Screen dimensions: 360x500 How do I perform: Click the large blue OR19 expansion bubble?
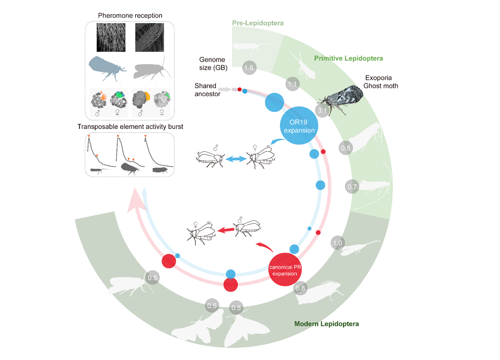(298, 125)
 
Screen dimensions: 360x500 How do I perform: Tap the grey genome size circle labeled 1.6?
(248, 68)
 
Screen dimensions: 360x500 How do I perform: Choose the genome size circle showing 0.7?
(352, 187)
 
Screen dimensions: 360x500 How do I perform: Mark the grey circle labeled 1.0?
(337, 243)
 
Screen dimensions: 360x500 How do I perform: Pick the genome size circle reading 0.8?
(300, 288)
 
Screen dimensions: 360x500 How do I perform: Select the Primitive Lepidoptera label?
(349, 58)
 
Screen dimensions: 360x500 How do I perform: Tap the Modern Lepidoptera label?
(326, 324)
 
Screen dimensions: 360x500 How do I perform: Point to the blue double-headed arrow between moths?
(235, 160)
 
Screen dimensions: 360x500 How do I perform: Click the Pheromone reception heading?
(130, 16)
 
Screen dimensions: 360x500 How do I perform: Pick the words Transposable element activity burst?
(130, 126)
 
